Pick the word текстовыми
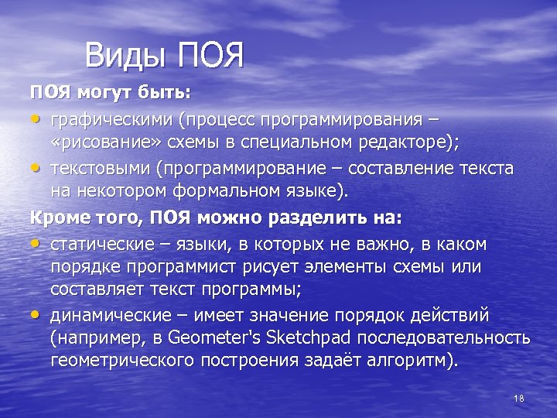[100, 169]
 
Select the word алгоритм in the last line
[414, 361]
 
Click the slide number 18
[518, 398]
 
